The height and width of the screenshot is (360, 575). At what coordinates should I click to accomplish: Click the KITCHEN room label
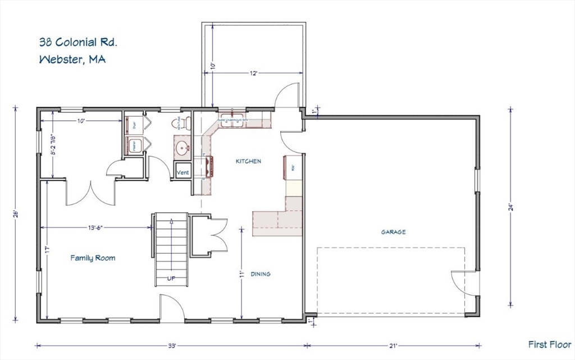click(x=248, y=161)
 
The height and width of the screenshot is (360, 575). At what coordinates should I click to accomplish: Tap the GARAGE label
click(x=393, y=231)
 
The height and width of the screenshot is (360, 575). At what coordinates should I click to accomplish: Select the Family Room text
click(x=93, y=258)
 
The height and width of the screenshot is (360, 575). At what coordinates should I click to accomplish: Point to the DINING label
click(x=260, y=274)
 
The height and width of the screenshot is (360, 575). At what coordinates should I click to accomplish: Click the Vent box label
click(x=183, y=172)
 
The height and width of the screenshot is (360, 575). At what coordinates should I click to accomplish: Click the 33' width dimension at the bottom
click(x=171, y=345)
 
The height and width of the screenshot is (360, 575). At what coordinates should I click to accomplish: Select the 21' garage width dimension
click(x=393, y=345)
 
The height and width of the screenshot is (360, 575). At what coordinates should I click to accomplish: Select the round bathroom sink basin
click(x=182, y=149)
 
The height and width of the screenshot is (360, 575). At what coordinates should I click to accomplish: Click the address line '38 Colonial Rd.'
click(x=78, y=42)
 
